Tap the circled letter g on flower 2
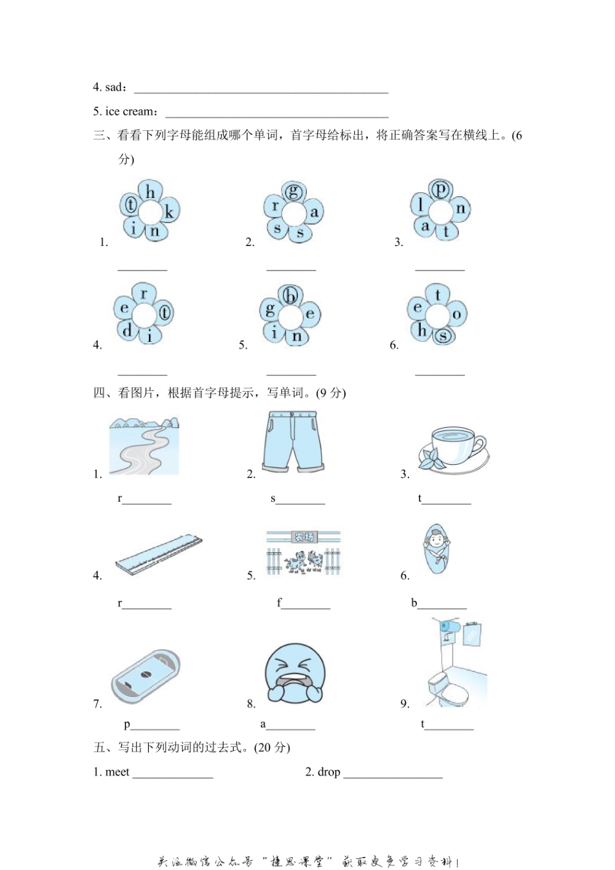click(x=294, y=191)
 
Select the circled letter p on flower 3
click(x=440, y=189)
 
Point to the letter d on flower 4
click(x=127, y=330)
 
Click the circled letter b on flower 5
click(x=291, y=296)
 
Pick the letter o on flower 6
click(x=456, y=315)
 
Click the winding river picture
click(x=144, y=447)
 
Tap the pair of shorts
click(x=293, y=441)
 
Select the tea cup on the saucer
click(x=453, y=447)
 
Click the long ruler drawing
click(x=159, y=554)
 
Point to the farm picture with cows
click(x=303, y=554)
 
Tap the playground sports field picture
click(x=145, y=676)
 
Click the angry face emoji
click(x=295, y=673)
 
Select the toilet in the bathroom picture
click(x=447, y=689)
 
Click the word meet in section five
click(x=117, y=772)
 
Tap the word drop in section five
click(x=329, y=772)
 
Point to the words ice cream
click(x=130, y=111)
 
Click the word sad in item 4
click(x=113, y=87)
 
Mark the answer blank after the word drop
click(x=393, y=773)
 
